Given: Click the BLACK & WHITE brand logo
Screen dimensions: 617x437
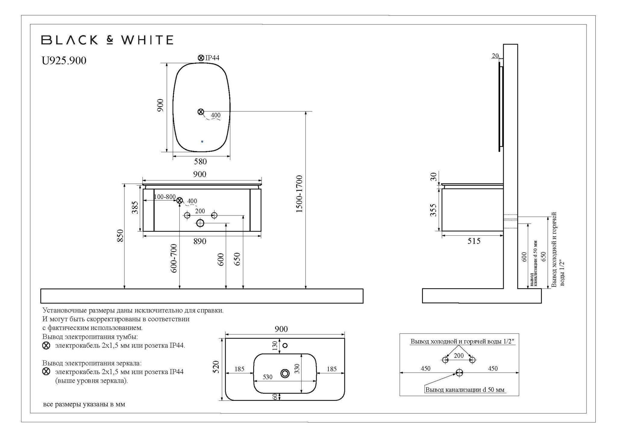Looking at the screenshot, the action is click(107, 40).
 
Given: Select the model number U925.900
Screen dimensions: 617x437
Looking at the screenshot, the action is click(64, 61).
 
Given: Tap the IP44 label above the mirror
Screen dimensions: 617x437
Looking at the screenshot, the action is click(212, 58).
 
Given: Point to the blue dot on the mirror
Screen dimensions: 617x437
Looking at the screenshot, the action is click(202, 141).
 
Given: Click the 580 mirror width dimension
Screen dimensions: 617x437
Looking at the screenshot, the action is click(200, 162).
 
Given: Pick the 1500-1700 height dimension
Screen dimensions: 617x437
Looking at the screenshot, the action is click(299, 194).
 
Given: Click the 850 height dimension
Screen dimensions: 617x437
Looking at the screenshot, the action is click(120, 236).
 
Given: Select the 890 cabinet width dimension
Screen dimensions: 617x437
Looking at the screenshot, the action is click(200, 241).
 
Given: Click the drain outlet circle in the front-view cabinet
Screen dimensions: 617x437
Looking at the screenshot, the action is click(200, 223).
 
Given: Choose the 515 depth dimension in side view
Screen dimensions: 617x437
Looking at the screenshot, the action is click(474, 241).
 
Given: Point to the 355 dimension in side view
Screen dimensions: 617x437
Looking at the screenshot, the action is click(433, 210).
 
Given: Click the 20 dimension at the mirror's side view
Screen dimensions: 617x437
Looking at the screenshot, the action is click(495, 56).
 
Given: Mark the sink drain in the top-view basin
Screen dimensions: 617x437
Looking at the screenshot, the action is click(285, 374).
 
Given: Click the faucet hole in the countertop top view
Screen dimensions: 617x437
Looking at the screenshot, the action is click(285, 345).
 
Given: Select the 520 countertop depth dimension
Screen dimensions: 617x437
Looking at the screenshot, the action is click(216, 367).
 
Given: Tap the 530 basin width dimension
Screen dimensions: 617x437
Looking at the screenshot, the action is click(268, 377).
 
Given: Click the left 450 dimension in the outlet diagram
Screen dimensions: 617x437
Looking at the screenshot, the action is click(425, 368).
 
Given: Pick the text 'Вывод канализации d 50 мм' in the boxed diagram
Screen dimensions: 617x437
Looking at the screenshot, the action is click(465, 390).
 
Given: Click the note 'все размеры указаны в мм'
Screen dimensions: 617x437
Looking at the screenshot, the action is click(84, 404).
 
